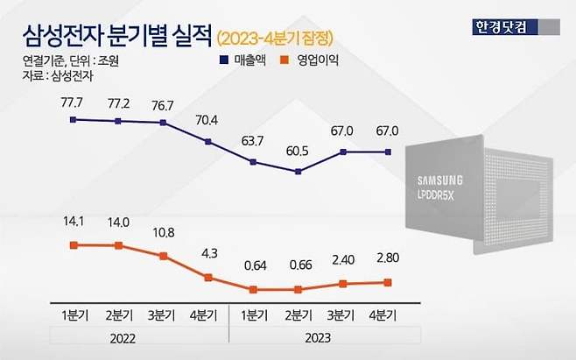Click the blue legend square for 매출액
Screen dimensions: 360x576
tap(224, 60)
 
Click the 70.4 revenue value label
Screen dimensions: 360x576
tap(207, 122)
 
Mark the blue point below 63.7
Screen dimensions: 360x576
tap(253, 162)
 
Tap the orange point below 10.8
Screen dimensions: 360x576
tap(163, 256)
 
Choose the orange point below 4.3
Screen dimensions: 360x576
tap(208, 278)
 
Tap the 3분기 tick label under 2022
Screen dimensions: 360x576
tap(163, 313)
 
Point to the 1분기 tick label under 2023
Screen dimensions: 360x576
tap(253, 313)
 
